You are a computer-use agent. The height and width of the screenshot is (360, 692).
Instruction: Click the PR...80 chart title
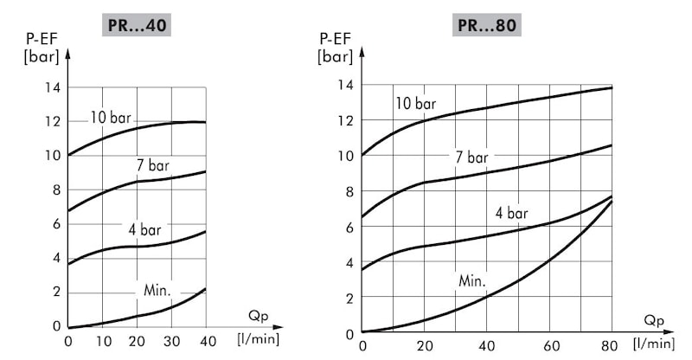[x=487, y=25]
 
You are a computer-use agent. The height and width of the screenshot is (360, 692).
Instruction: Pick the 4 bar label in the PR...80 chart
[x=511, y=213]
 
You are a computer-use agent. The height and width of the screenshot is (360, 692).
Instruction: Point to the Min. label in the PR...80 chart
[x=471, y=280]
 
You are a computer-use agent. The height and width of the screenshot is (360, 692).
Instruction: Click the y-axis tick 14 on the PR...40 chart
[x=54, y=87]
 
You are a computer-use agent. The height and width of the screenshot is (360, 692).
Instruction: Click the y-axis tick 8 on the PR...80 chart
[x=348, y=191]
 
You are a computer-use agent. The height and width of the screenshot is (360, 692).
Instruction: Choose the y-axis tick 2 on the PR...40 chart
[x=57, y=292]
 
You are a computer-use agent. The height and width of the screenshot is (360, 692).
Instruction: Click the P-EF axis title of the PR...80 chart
[x=336, y=40]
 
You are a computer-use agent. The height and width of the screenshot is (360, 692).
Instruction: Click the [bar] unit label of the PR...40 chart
[x=42, y=59]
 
